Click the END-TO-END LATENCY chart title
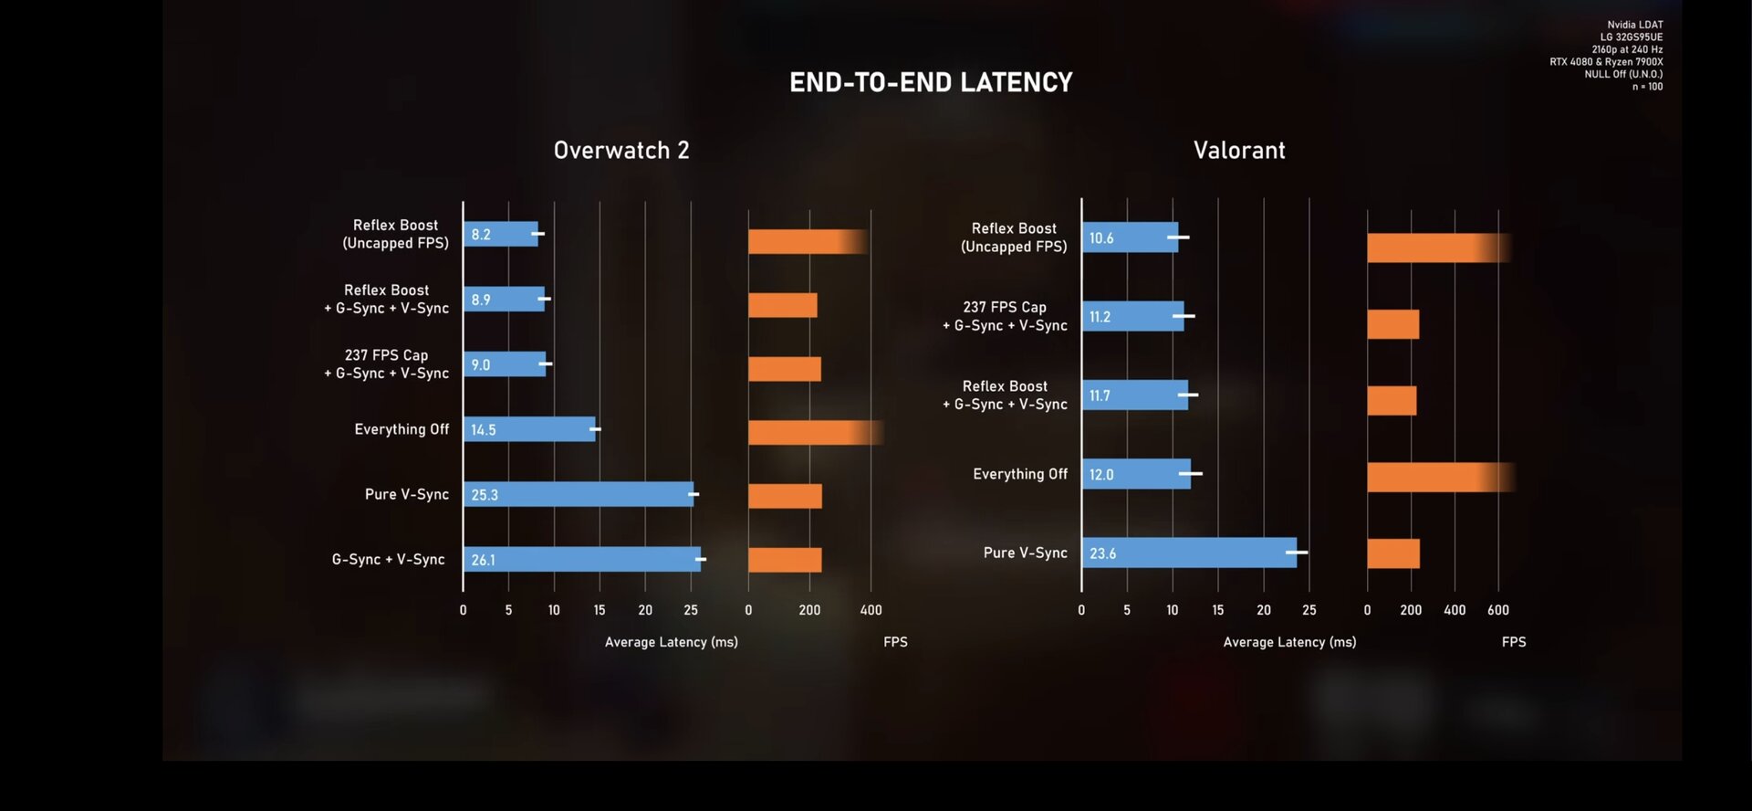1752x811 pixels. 931,83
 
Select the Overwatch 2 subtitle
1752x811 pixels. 621,151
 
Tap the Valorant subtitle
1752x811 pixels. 1239,151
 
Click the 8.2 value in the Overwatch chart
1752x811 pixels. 481,235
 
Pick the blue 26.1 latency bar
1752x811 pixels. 582,560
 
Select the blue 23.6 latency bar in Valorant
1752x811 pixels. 1189,553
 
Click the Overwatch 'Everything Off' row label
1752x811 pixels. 401,429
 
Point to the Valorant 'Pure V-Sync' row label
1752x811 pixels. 1025,553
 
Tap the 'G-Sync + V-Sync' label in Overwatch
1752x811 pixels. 389,559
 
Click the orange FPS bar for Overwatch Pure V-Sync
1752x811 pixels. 785,496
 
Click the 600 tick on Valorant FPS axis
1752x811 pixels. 1498,610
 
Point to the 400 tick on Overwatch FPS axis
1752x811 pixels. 871,610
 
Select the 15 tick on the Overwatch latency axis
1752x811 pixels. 600,610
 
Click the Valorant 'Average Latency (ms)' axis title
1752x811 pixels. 1289,642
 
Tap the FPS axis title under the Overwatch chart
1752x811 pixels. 895,642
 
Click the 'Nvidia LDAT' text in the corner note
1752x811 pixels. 1635,25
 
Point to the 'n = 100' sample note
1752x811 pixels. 1647,87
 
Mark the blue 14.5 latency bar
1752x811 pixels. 529,429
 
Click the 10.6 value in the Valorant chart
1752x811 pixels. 1101,238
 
